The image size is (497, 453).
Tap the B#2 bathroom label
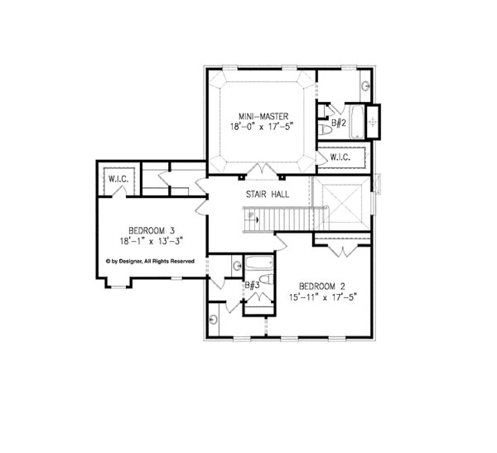click(x=338, y=123)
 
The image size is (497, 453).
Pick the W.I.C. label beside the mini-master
click(x=341, y=156)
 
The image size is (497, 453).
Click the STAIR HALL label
click(x=266, y=194)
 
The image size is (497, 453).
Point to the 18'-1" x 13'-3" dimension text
click(x=150, y=242)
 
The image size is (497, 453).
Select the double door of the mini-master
click(x=262, y=170)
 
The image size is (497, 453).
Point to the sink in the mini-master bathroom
click(x=367, y=86)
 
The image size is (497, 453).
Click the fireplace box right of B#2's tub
click(x=374, y=121)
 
